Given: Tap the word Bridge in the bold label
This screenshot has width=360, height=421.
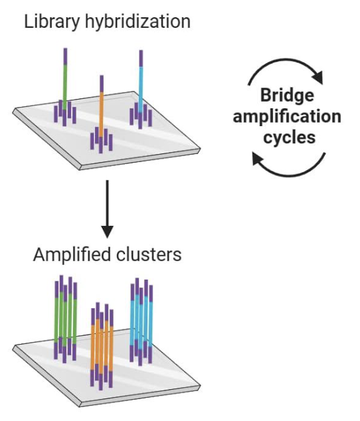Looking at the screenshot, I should tap(286, 95).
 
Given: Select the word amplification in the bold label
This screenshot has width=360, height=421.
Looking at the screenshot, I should tap(286, 117).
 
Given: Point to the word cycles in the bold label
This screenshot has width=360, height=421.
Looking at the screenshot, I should tap(286, 138).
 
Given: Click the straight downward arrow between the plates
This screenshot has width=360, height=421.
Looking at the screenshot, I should tap(106, 211).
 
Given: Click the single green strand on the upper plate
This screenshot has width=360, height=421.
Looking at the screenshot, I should tap(65, 83).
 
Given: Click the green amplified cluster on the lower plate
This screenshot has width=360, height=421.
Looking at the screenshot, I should tap(65, 319).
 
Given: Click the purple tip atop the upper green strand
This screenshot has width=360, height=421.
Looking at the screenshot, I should tap(65, 54).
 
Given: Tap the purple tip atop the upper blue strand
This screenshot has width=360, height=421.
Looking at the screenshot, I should tap(141, 57).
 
